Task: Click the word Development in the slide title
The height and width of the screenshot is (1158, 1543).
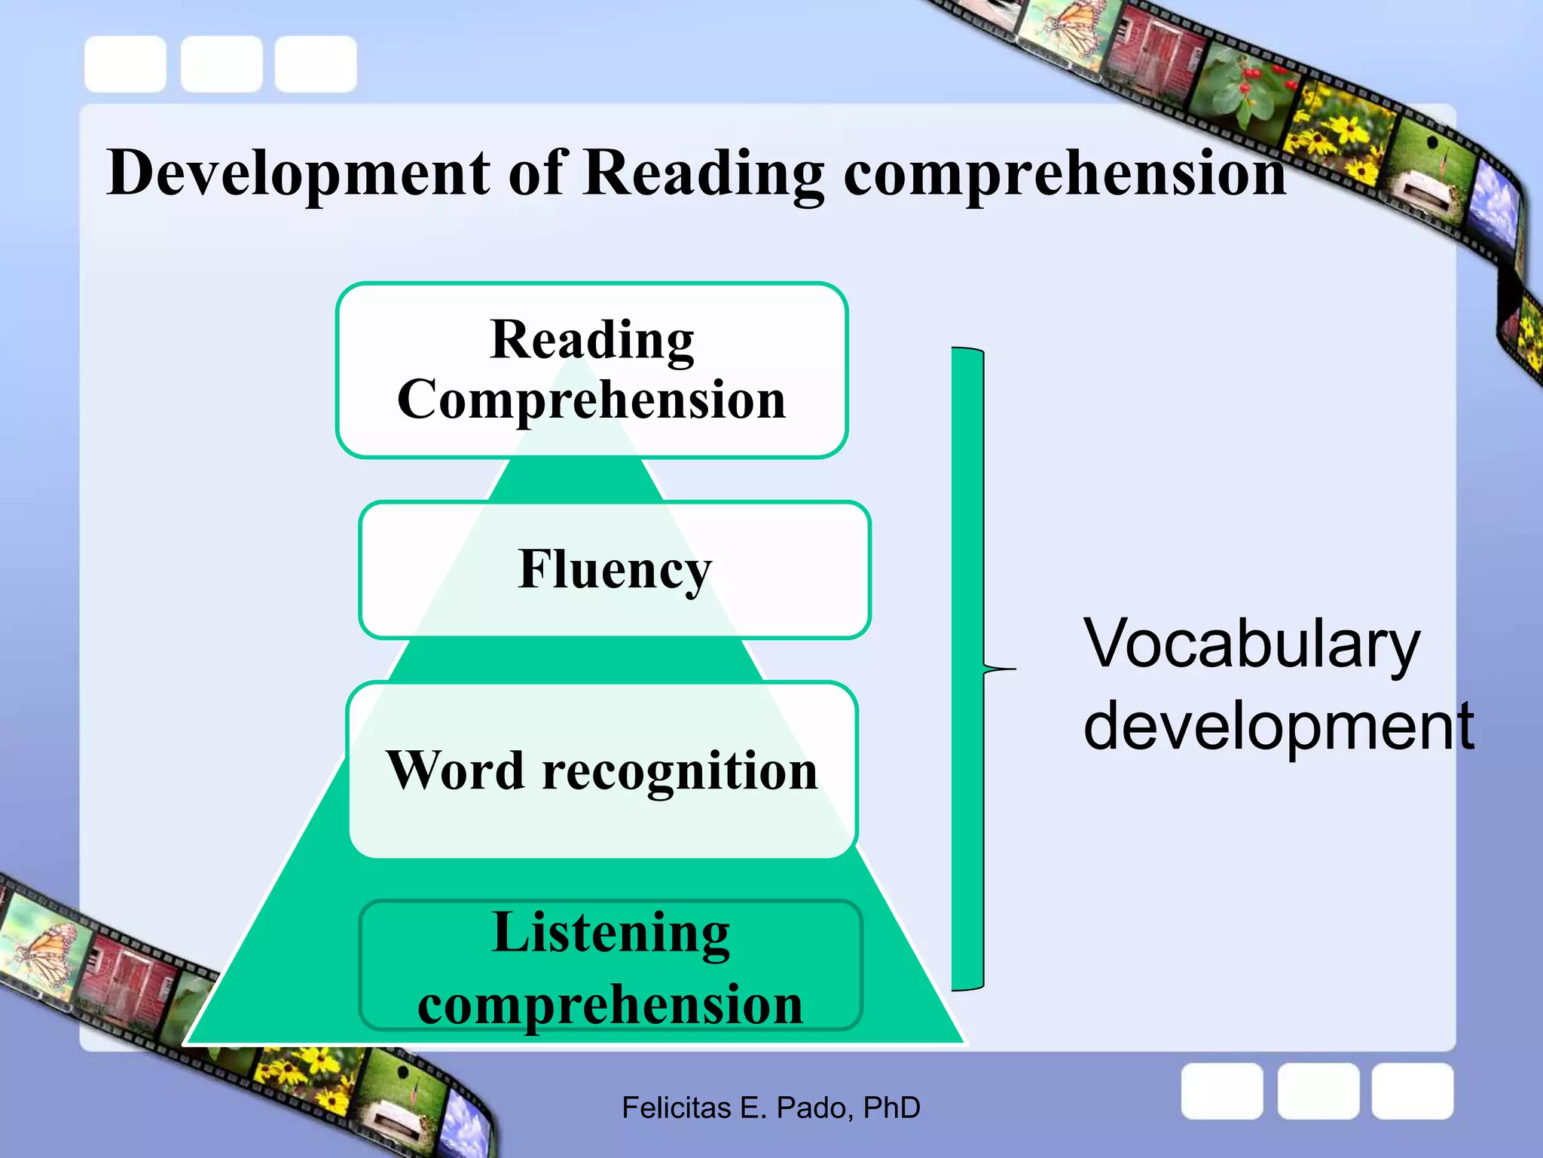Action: click(298, 173)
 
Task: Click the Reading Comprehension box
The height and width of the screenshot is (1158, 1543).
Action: click(592, 369)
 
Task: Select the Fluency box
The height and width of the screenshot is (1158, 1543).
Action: click(615, 570)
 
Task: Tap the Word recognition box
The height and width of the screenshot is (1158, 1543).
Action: click(602, 770)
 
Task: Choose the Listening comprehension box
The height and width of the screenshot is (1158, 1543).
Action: click(610, 966)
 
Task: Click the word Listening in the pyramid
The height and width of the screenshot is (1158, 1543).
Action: click(610, 933)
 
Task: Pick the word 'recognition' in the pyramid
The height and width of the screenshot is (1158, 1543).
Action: click(680, 771)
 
